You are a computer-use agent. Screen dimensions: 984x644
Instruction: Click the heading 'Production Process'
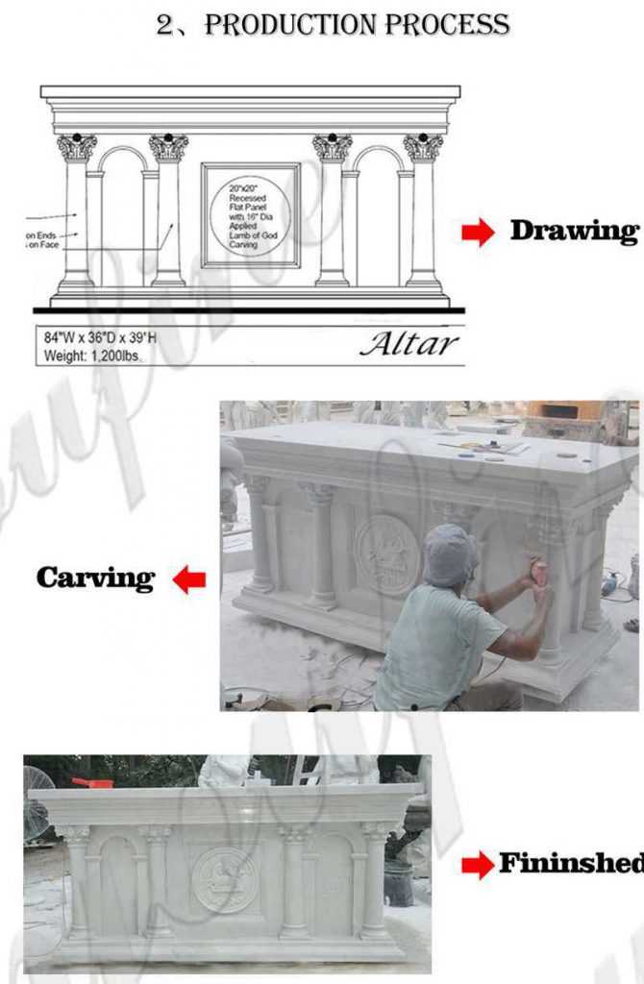[x=333, y=25]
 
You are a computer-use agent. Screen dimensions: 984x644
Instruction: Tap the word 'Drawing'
[x=573, y=231]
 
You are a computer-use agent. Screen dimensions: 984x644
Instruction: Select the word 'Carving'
[x=95, y=578]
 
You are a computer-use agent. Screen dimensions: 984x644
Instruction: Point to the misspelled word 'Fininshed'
[x=570, y=864]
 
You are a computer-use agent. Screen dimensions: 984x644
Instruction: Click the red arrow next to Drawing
[x=478, y=232]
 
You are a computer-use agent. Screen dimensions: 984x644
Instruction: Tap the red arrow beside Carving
[x=189, y=579]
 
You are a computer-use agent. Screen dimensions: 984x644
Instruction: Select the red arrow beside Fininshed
[x=477, y=865]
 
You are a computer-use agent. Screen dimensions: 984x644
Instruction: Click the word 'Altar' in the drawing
[x=409, y=344]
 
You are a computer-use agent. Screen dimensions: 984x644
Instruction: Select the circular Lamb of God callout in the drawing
[x=250, y=215]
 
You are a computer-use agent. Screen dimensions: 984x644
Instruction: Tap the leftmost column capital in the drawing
[x=76, y=147]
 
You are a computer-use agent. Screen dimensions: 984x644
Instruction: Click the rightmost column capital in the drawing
[x=423, y=147]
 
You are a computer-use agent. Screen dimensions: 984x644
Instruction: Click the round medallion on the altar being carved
[x=386, y=554]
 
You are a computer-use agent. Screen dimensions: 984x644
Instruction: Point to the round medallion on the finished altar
[x=225, y=879]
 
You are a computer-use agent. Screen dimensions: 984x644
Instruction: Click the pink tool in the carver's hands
[x=539, y=574]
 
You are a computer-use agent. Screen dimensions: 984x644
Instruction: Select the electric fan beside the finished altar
[x=37, y=802]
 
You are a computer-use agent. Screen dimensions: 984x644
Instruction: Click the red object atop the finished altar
[x=92, y=783]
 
